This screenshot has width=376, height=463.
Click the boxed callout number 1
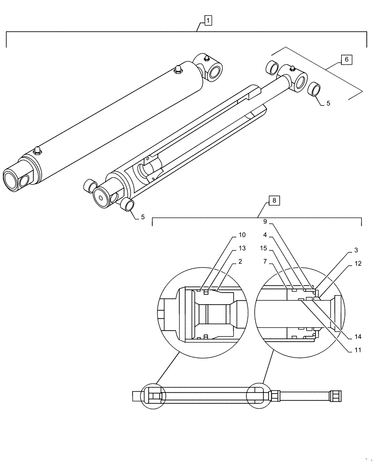(x=208, y=20)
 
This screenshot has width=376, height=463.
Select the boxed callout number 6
(x=346, y=60)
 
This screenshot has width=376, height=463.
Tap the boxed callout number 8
(x=274, y=200)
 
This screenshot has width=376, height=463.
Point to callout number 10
(x=243, y=235)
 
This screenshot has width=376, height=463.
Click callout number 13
(x=243, y=248)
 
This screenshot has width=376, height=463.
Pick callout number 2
(x=241, y=262)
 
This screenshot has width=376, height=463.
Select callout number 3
(x=356, y=250)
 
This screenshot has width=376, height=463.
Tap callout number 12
(x=356, y=263)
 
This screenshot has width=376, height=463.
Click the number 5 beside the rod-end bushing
(x=328, y=104)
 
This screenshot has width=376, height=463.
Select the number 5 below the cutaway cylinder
(x=143, y=217)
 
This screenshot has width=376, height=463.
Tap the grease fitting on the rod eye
(x=292, y=69)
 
